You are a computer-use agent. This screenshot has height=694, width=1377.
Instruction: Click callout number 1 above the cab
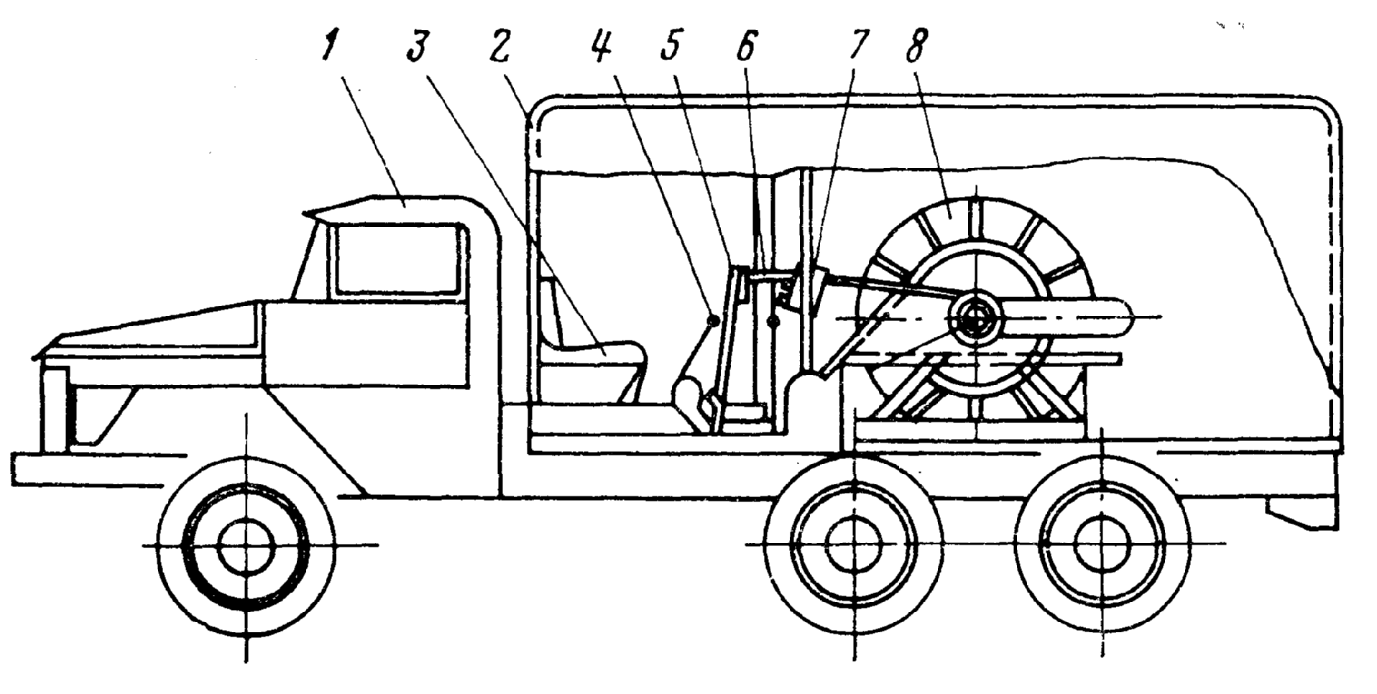328,47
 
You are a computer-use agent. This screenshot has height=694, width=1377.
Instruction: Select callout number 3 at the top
417,47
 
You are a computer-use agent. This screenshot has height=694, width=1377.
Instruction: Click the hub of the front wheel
246,546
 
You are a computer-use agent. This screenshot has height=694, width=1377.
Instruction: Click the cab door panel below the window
367,345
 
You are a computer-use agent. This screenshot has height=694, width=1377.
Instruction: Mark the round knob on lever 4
713,320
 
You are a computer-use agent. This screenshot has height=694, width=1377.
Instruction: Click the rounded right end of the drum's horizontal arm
1121,318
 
